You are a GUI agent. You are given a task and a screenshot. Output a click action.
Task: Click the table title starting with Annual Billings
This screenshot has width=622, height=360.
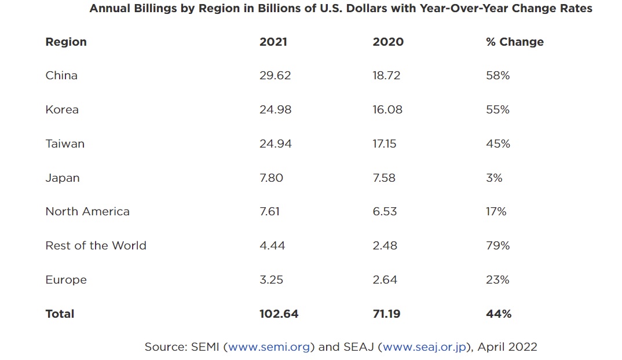point(341,9)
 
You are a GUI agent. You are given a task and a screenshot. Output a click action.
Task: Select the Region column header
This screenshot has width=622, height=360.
point(66,42)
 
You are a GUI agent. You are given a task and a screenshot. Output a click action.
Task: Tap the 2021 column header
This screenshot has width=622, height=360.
point(273,42)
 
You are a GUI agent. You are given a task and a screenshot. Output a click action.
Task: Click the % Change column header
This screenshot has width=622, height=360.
point(514,42)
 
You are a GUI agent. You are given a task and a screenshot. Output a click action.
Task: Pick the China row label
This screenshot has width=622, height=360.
point(61,75)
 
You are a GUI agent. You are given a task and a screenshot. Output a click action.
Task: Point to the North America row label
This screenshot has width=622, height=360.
point(87,211)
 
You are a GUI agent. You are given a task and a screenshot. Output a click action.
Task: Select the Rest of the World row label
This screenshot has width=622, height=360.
point(96,245)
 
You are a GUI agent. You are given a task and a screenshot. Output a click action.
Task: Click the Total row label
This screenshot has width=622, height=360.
point(60,314)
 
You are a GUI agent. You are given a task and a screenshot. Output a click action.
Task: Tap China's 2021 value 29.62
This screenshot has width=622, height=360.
point(275,75)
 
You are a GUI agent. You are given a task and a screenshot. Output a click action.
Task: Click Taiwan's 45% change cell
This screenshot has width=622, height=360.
point(497,144)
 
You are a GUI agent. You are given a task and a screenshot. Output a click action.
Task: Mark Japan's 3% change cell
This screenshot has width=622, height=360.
point(494,178)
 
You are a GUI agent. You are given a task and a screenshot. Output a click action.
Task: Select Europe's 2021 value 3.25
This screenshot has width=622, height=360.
point(271,280)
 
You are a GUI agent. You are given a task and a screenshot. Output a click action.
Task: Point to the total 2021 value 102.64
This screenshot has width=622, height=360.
point(279,314)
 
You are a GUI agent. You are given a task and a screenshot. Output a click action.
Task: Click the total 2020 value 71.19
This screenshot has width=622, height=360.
point(386,314)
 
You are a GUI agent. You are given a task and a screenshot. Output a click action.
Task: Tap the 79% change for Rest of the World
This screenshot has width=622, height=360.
point(497,245)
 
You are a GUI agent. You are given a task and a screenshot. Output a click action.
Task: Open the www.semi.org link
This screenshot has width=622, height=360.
point(270,347)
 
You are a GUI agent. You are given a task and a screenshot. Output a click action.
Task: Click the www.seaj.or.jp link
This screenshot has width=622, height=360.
point(425,347)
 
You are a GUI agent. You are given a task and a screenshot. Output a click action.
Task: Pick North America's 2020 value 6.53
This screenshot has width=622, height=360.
point(385,211)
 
